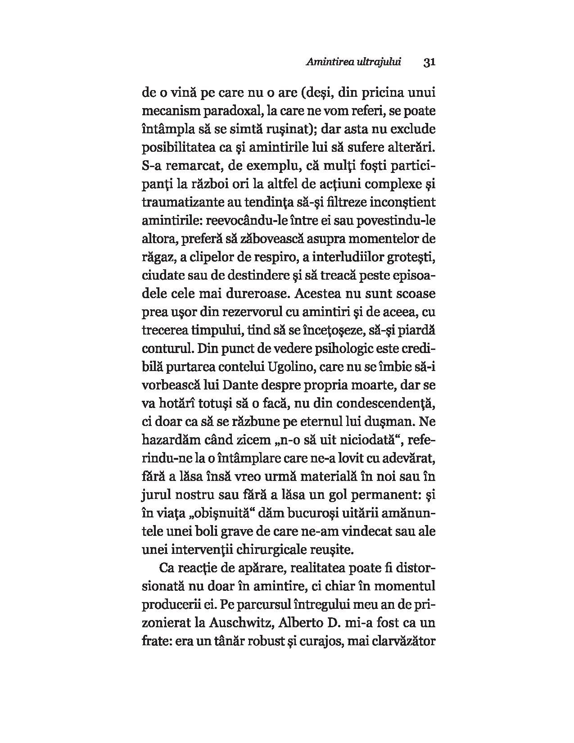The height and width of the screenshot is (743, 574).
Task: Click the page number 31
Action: (x=428, y=63)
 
